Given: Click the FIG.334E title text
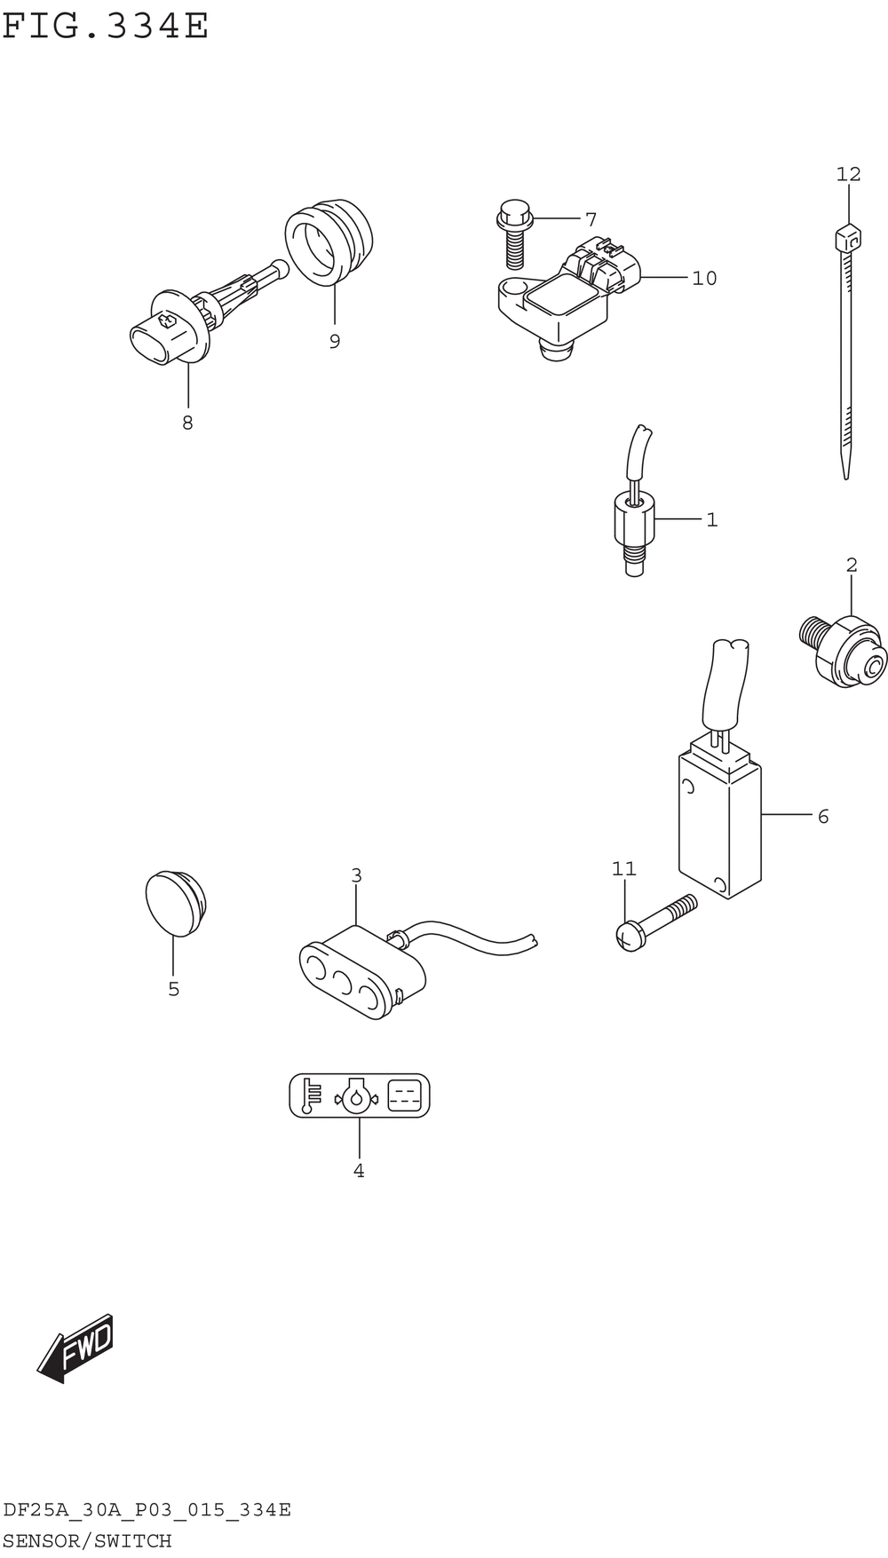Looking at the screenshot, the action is tap(105, 27).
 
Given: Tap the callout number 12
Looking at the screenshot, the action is tap(848, 174).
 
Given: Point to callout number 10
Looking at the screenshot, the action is tap(703, 278).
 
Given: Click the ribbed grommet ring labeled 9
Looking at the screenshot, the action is tap(329, 241).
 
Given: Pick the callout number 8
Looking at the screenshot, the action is tap(187, 423).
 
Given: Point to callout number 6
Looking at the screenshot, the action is tap(822, 816).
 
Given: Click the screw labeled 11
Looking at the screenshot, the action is tap(655, 924).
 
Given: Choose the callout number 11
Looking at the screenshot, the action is tap(623, 868).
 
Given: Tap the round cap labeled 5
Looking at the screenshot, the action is tap(176, 902).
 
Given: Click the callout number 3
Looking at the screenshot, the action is tap(356, 875).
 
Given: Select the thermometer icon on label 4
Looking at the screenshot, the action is tap(310, 1095).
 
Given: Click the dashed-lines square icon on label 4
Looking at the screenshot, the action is tap(404, 1095).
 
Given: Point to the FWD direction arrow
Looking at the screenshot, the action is tap(75, 1348).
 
